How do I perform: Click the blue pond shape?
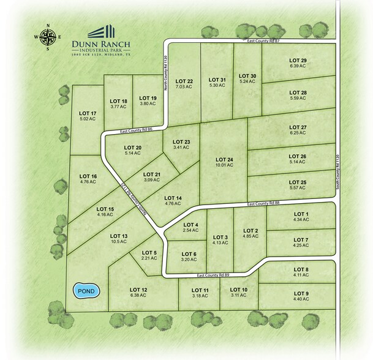coord(85,291)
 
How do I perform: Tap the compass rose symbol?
coord(50,36)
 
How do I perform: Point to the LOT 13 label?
coord(119,236)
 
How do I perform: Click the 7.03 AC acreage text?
coord(184,88)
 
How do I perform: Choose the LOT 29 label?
coord(298,60)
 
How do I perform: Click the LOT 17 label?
coord(88,113)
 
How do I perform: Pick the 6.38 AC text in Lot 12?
coord(138,295)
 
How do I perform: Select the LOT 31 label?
coord(217,80)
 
